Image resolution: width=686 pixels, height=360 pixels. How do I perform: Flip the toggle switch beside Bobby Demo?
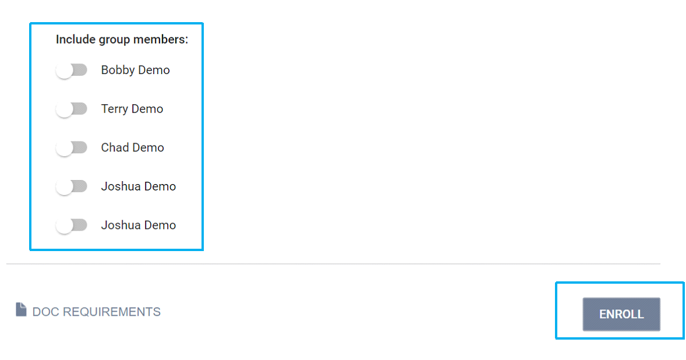[71, 70]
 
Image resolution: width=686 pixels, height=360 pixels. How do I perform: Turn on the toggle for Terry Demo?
[71, 109]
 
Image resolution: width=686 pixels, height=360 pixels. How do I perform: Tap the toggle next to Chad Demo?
[71, 148]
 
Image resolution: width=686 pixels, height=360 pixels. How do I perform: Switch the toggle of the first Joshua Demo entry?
[71, 186]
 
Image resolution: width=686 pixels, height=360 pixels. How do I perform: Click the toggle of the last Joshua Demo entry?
[71, 225]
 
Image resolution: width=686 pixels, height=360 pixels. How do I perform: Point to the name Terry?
[114, 109]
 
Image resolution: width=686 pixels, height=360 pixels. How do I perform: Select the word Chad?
[115, 148]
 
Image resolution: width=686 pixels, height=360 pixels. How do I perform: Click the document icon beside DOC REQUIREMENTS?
[21, 310]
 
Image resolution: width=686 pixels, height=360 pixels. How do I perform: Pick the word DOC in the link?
[45, 312]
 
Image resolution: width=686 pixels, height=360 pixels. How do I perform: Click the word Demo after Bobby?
[154, 70]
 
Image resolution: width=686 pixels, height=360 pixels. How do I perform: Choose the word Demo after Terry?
[147, 109]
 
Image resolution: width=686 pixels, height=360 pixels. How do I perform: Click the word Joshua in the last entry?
[121, 225]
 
